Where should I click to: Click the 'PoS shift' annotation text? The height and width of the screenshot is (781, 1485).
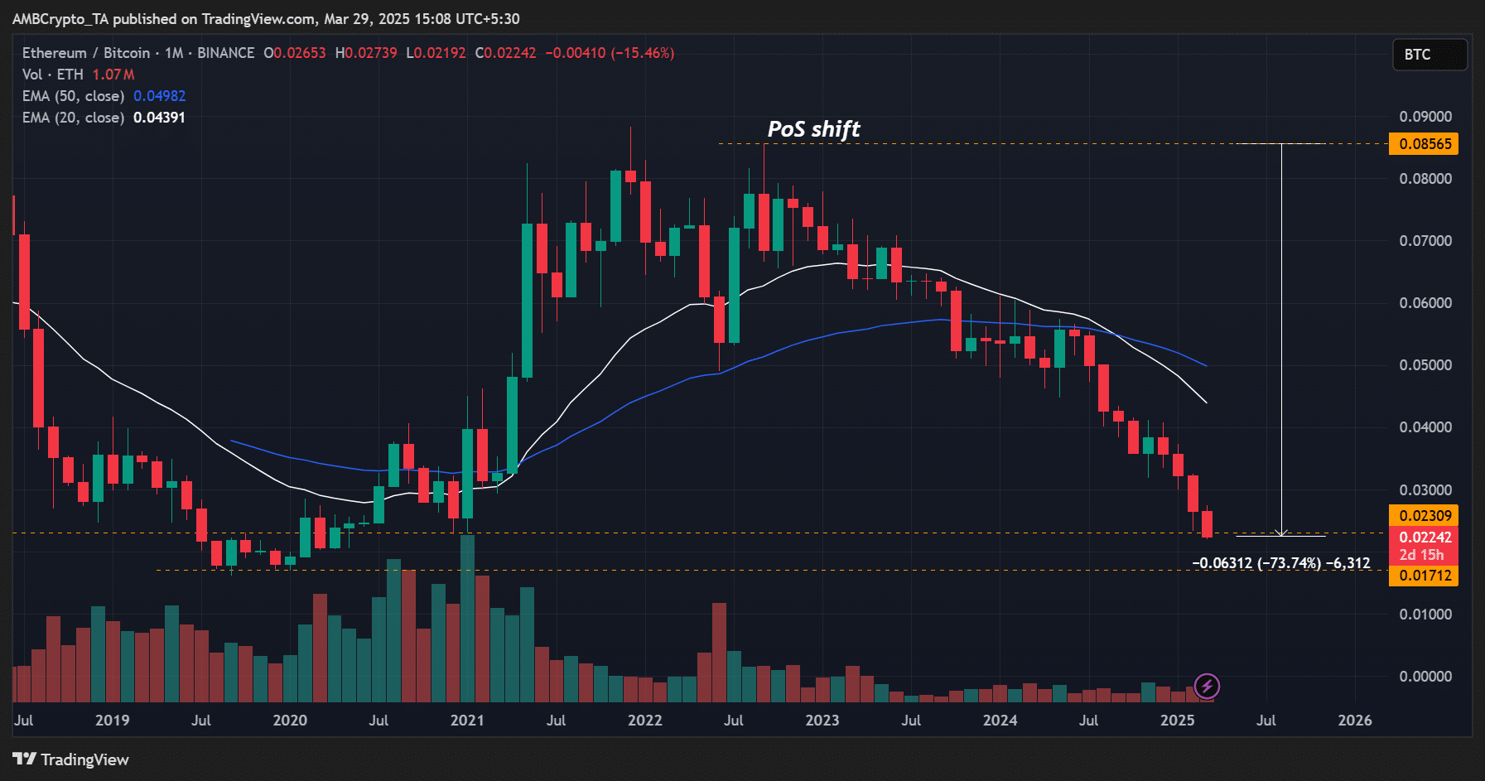point(813,129)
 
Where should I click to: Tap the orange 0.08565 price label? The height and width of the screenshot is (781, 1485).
point(1425,144)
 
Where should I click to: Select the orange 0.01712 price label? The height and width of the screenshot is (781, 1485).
point(1425,576)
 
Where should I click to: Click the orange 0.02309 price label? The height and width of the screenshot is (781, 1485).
point(1425,516)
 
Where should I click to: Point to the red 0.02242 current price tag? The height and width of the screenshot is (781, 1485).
point(1425,538)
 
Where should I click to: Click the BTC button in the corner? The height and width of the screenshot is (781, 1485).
point(1429,55)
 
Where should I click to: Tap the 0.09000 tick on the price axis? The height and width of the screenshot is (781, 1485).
point(1425,117)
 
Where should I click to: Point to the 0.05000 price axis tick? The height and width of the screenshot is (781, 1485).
point(1425,365)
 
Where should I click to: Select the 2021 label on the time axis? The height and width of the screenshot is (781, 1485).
point(467,721)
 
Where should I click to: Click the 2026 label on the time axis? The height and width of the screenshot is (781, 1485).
point(1355,721)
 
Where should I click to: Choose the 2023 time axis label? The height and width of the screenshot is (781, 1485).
point(822,721)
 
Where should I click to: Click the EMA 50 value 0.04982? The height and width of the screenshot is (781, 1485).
point(160,96)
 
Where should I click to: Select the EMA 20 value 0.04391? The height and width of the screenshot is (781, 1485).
point(159,118)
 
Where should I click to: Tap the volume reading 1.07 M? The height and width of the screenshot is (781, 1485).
point(113,75)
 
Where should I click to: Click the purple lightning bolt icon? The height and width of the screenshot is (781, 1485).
point(1207,687)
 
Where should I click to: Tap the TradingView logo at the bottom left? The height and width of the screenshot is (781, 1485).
point(71,759)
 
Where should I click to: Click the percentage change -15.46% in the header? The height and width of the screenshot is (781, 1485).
point(643,53)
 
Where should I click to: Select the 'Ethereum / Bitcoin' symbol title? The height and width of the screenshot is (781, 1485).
point(86,53)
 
